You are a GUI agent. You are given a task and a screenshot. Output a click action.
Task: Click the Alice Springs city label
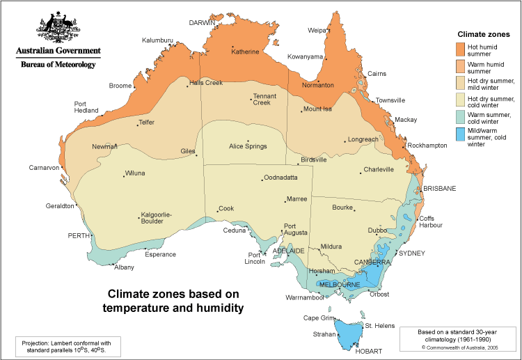pyautogui.click(x=248, y=146)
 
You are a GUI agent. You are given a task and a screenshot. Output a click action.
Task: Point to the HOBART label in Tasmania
pyautogui.click(x=369, y=352)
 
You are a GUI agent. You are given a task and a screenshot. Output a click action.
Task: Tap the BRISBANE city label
pyautogui.click(x=439, y=189)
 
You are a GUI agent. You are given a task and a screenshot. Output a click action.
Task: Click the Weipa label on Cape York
pyautogui.click(x=317, y=30)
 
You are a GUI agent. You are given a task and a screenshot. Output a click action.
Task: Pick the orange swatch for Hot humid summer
pyautogui.click(x=460, y=49)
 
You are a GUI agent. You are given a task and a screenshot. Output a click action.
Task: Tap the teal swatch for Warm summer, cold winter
pyautogui.click(x=460, y=116)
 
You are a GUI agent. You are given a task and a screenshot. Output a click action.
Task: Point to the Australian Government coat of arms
pyautogui.click(x=58, y=27)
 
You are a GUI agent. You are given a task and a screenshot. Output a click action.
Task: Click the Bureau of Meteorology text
pyautogui.click(x=58, y=64)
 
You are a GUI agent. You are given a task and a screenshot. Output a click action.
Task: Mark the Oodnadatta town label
pyautogui.click(x=282, y=179)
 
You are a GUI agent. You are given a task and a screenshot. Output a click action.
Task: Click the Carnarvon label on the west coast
pyautogui.click(x=44, y=168)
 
